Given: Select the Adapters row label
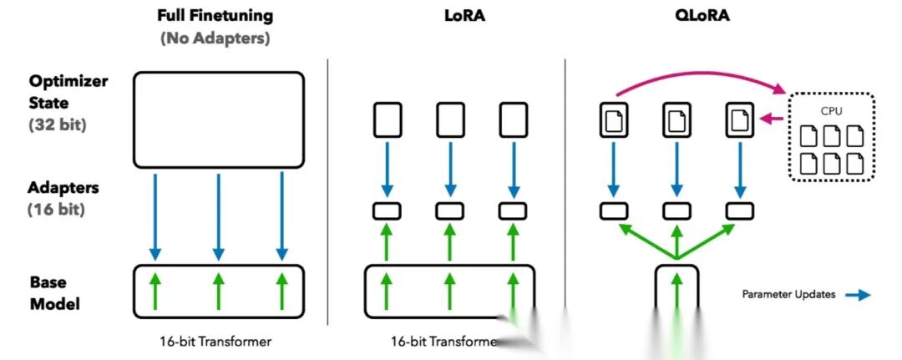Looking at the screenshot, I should [63, 190].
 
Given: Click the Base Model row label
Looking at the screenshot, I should [55, 292].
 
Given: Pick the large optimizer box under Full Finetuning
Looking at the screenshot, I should [218, 118].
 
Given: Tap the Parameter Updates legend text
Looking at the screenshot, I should [788, 294].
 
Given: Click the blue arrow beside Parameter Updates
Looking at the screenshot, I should [856, 295].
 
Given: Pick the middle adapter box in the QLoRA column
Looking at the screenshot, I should [677, 210].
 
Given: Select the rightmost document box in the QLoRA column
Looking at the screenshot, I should [740, 120].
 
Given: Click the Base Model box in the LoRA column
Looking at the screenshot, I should [449, 292].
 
